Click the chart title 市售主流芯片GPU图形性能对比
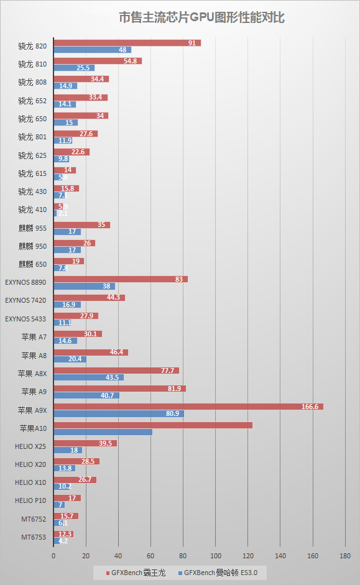point(201,17)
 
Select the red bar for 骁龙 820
point(127,43)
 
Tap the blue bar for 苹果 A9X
point(118,413)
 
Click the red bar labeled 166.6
point(188,407)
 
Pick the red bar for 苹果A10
point(153,425)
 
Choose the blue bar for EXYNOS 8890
point(84,287)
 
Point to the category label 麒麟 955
point(32,228)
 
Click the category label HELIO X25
point(30,446)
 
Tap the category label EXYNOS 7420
point(25,300)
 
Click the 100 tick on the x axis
point(216,556)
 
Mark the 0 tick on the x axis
point(54,556)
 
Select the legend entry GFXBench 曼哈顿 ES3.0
point(224,572)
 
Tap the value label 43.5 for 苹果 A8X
point(113,377)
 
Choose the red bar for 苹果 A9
point(119,389)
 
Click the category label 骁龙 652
point(32,101)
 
